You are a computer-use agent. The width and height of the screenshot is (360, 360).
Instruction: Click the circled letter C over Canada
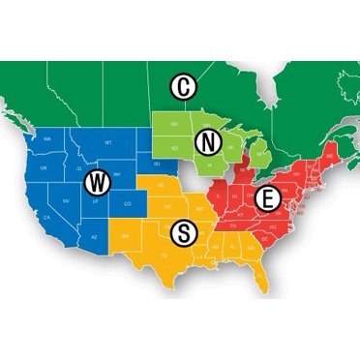tap(182, 87)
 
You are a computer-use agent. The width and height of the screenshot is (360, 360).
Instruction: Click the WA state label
tap(46, 142)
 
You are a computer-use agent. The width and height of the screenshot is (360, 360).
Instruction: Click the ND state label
tap(171, 123)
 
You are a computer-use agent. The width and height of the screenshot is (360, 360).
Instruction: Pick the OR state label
tap(43, 165)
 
